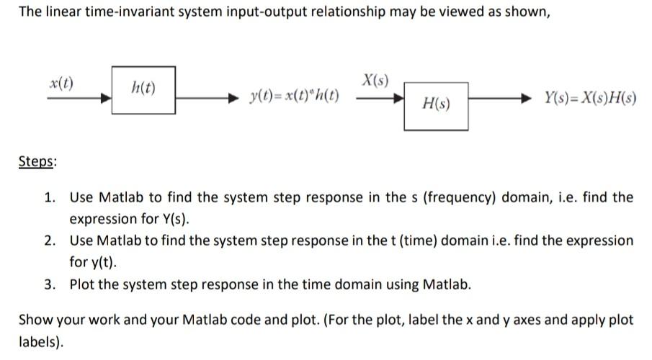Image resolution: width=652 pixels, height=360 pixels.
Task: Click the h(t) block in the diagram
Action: tap(143, 89)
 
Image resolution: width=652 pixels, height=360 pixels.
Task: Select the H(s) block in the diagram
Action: tap(435, 105)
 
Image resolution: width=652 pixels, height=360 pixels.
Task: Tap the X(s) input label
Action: tap(375, 80)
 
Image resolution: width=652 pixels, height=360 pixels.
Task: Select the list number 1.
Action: tap(51, 197)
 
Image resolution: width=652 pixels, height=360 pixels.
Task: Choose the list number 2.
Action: tap(51, 240)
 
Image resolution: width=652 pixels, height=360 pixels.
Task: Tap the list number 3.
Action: tap(51, 284)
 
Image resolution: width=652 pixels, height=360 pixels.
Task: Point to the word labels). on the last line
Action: tap(41, 342)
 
